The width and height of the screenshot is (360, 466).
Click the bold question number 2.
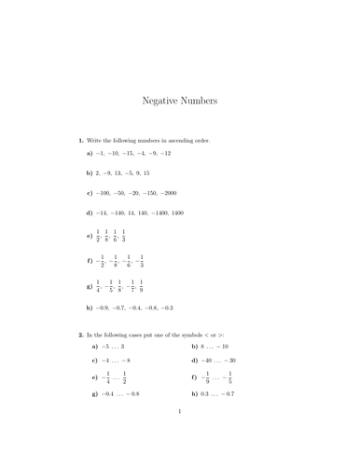point(81,333)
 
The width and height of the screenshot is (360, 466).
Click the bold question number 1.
point(81,140)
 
